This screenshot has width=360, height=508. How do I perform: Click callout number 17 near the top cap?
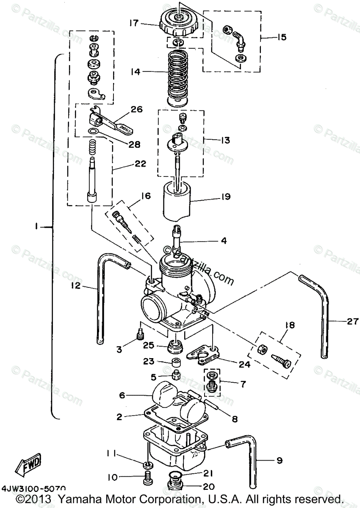click(x=134, y=24)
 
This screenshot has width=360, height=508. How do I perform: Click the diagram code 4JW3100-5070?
click(x=33, y=489)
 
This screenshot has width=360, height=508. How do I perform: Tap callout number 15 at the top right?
click(x=281, y=37)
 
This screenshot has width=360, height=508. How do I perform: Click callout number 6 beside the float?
click(x=122, y=395)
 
